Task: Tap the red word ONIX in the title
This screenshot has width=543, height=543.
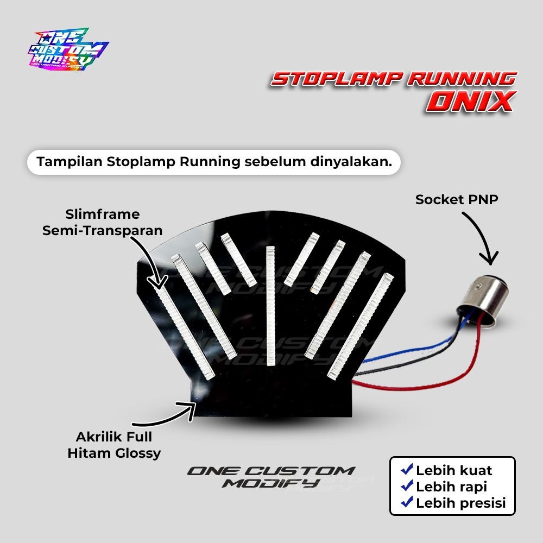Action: pyautogui.click(x=470, y=101)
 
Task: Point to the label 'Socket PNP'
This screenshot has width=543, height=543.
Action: pyautogui.click(x=457, y=199)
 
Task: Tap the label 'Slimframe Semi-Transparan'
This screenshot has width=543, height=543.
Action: pyautogui.click(x=103, y=222)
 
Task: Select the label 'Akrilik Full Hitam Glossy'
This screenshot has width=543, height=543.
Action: pyautogui.click(x=114, y=445)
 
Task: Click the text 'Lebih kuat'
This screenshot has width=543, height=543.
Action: pyautogui.click(x=454, y=470)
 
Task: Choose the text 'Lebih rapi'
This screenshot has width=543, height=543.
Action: pyautogui.click(x=451, y=487)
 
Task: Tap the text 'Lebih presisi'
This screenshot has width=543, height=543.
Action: pyautogui.click(x=460, y=503)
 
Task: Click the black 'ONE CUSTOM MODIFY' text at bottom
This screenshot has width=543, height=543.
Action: pyautogui.click(x=270, y=476)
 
